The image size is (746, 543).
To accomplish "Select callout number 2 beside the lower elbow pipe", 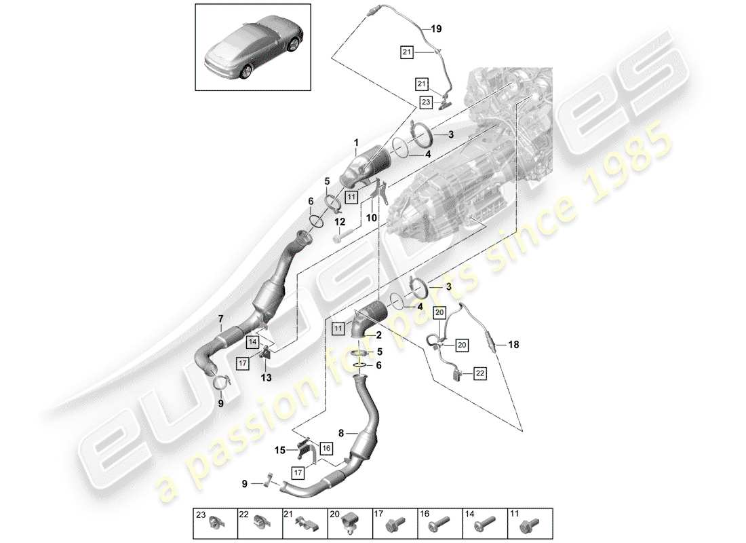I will coord(379,335).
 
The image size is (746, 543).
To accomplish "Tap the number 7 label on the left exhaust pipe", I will coord(220,319).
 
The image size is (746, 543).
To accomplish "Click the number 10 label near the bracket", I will coord(371,218).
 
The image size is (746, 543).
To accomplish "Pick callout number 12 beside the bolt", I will coord(339,223).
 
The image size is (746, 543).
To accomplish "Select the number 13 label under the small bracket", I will coord(265,377).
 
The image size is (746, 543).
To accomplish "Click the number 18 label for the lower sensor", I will coord(513,345).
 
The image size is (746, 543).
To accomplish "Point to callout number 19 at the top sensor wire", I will coord(435,29).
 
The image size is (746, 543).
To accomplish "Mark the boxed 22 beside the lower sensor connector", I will coord(480,373).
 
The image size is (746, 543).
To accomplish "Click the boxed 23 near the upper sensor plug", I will coord(425,102).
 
